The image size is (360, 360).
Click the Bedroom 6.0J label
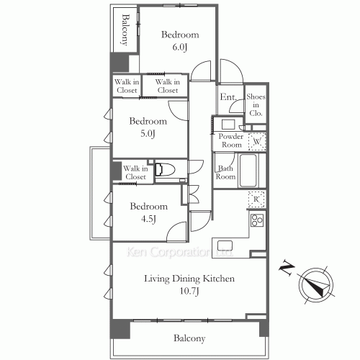pyautogui.click(x=180, y=41)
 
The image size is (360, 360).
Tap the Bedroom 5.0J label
pyautogui.click(x=148, y=127)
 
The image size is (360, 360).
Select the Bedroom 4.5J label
pyautogui.click(x=149, y=212)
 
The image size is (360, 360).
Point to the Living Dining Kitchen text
pyautogui.click(x=189, y=279)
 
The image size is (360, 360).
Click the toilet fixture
pyautogui.click(x=165, y=170)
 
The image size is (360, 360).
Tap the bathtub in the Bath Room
pyautogui.click(x=248, y=171)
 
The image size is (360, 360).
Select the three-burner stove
pyautogui.click(x=257, y=220)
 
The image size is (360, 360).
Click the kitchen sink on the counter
pyautogui.click(x=225, y=246)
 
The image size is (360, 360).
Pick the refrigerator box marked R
pyautogui.click(x=256, y=199)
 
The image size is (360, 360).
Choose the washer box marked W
pyautogui.click(x=257, y=141)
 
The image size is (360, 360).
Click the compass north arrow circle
pyautogui.click(x=315, y=285)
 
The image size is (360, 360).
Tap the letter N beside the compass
pyautogui.click(x=287, y=267)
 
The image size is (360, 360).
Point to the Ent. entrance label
pyautogui.click(x=228, y=97)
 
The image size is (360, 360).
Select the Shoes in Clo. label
pyautogui.click(x=256, y=104)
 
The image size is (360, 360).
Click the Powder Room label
pyautogui.click(x=231, y=140)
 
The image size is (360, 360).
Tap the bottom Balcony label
pyautogui.click(x=189, y=338)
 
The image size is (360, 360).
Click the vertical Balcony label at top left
pyautogui.click(x=125, y=30)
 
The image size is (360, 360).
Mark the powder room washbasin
pyautogui.click(x=228, y=125)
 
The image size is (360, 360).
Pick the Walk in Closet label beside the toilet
pyautogui.click(x=135, y=173)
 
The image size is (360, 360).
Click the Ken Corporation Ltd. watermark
pyautogui.click(x=179, y=252)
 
